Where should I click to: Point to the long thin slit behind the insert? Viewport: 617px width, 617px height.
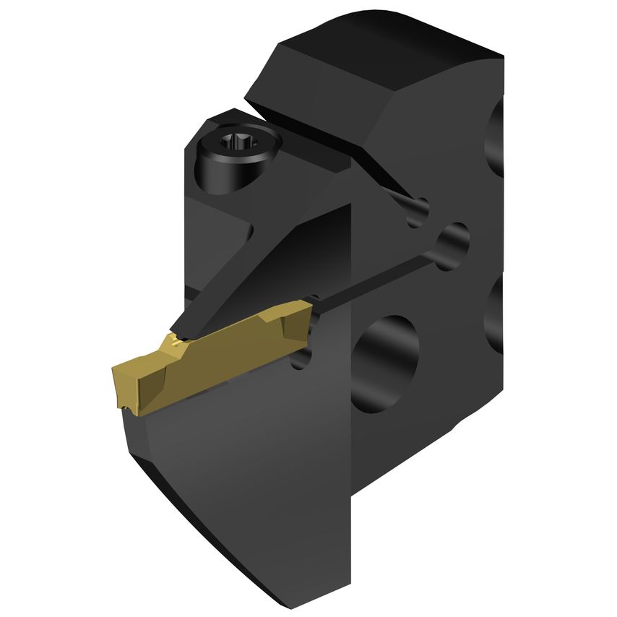pyautogui.click(x=376, y=275)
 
